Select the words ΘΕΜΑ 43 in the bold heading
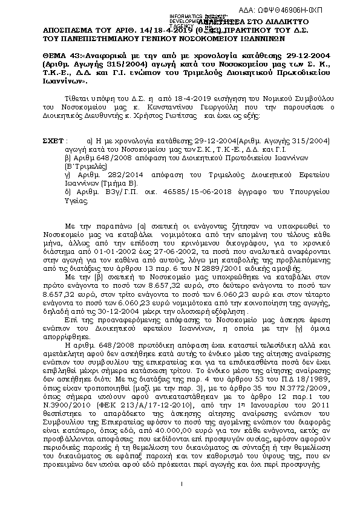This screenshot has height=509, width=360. tap(61, 54)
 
